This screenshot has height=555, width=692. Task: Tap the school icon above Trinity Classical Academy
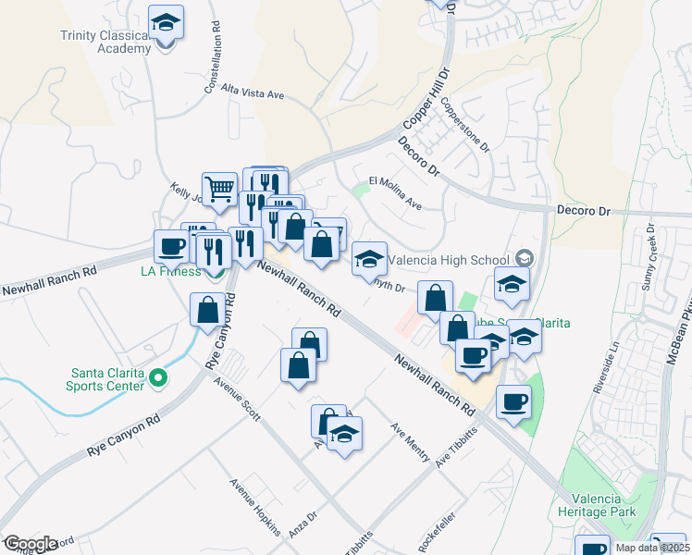tap(166, 22)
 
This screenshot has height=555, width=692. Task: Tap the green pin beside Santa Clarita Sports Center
tap(157, 376)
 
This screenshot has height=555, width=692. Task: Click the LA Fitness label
tap(171, 271)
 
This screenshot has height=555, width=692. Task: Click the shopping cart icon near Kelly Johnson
tap(219, 189)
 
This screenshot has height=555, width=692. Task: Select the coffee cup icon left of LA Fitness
tap(171, 246)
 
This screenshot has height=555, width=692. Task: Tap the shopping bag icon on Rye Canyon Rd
tap(208, 309)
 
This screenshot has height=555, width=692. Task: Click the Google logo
tap(31, 544)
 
